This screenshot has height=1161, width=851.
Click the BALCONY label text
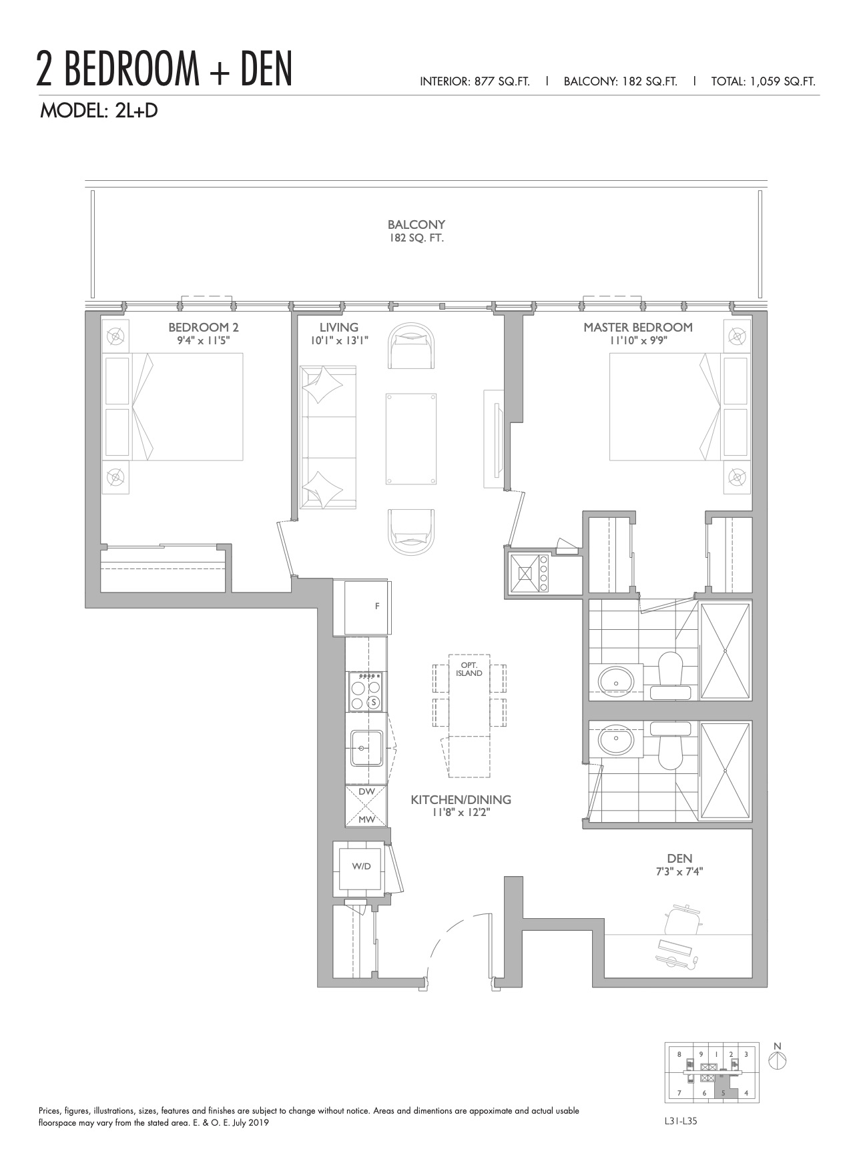pos(416,225)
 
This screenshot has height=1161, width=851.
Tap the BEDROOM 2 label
pos(204,327)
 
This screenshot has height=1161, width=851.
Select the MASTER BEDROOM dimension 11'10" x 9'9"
pos(638,340)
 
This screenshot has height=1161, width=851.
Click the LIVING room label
pos(338,327)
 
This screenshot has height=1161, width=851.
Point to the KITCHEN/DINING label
pos(461,799)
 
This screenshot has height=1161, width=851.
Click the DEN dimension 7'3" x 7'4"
pos(679,871)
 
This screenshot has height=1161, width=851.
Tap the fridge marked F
pos(368,607)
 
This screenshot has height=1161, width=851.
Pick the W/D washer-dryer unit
pos(361,866)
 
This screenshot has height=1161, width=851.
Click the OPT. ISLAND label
pos(469,669)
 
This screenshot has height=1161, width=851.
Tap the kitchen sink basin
pos(366,748)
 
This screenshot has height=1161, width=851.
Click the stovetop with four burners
pos(366,691)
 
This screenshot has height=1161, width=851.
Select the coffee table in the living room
pos(412,438)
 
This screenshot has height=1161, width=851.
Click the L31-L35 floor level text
pos(676,1121)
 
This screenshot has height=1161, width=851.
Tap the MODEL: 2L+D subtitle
pos(99,111)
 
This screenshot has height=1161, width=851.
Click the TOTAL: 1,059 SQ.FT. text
pos(763,82)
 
